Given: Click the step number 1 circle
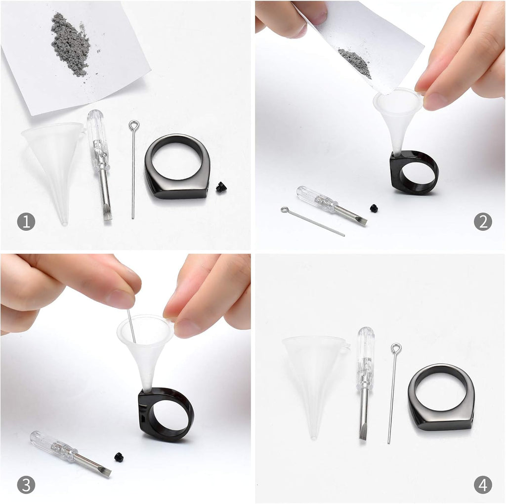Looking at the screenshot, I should (26, 222).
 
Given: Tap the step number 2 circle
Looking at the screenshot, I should (483, 222).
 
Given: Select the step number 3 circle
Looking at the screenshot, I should (26, 484).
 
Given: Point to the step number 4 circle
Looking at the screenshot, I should (483, 484).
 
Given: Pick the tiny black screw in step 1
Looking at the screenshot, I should (221, 187).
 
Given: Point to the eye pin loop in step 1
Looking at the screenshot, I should (134, 126).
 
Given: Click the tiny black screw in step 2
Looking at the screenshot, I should (374, 209).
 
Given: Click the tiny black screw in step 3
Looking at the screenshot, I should (119, 457).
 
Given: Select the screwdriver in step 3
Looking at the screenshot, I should (69, 453).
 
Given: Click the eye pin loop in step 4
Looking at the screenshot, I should (396, 349).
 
